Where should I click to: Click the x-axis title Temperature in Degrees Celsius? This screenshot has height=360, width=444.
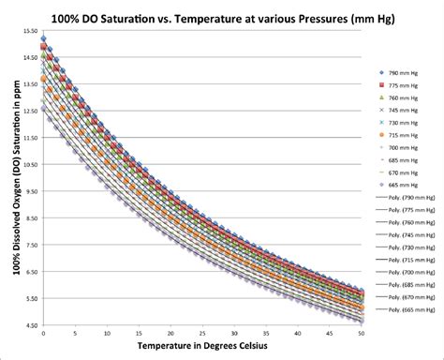tap(203, 347)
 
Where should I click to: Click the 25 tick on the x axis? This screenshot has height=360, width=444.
tap(203, 334)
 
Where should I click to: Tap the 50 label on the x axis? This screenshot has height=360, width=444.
tap(363, 334)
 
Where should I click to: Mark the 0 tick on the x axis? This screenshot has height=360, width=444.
tap(44, 334)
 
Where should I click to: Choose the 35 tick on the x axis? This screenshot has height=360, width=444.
tap(267, 334)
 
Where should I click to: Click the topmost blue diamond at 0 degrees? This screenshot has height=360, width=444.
tap(44, 39)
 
